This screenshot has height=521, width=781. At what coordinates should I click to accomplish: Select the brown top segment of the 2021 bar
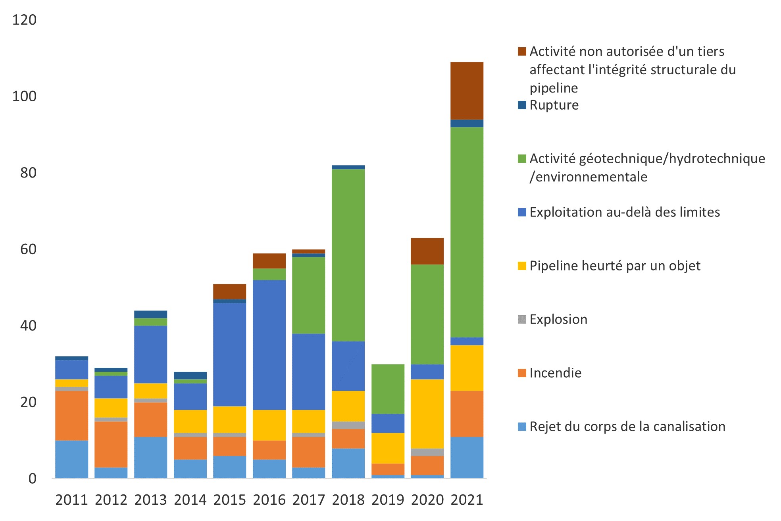point(467,91)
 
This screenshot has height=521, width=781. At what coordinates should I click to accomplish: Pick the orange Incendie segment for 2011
point(72,415)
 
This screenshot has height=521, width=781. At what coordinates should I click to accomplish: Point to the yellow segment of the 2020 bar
point(427,414)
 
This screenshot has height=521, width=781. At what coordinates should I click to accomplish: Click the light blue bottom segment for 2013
point(151,457)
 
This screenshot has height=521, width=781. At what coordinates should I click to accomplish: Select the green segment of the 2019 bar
point(388,389)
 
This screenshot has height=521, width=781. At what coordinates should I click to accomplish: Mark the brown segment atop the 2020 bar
point(427,251)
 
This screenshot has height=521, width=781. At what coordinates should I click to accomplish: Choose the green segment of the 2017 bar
point(309,295)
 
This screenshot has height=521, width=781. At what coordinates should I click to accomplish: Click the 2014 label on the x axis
point(190,500)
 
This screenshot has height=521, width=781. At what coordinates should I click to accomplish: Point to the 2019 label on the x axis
point(388,500)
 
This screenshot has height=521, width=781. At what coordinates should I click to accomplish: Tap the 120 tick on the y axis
point(24,20)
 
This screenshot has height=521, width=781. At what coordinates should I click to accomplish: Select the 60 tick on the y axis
point(28,249)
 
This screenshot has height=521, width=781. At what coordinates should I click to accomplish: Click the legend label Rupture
point(554,105)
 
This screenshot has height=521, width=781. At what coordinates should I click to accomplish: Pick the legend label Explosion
point(558,320)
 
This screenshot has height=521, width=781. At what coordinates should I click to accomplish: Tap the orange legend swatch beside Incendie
point(522,373)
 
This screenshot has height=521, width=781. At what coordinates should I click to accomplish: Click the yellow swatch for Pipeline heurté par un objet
point(522,266)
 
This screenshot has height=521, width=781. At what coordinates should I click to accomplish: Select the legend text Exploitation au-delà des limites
point(625,212)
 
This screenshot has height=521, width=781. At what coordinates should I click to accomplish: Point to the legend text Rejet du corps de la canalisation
point(627,427)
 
